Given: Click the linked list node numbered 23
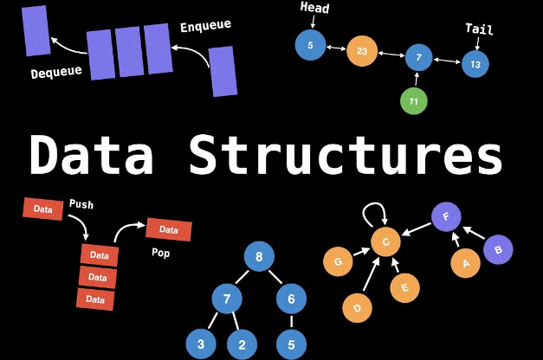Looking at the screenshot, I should [x=362, y=51].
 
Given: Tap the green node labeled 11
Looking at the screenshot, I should [x=414, y=101].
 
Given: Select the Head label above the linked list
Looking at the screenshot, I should [x=314, y=9].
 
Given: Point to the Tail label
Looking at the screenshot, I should [x=479, y=29].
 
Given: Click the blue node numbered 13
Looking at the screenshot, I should [x=475, y=64].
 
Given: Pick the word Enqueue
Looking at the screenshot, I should [x=206, y=26].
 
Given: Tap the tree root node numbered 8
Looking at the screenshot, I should [x=258, y=256].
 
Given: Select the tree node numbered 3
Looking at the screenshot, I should [x=201, y=344].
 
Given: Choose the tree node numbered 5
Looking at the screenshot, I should [x=291, y=344].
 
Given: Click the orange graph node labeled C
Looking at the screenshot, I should [x=386, y=241].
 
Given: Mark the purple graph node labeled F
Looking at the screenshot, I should [x=445, y=217].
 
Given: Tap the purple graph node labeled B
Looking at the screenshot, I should [x=498, y=249].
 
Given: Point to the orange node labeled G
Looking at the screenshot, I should [x=338, y=260].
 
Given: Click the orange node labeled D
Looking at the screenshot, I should [x=358, y=306].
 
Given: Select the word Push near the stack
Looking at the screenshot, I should [x=81, y=205].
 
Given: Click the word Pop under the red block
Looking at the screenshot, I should [x=161, y=254].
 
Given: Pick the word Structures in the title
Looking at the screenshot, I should [x=346, y=156].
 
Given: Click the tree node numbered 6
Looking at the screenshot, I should [x=291, y=299].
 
